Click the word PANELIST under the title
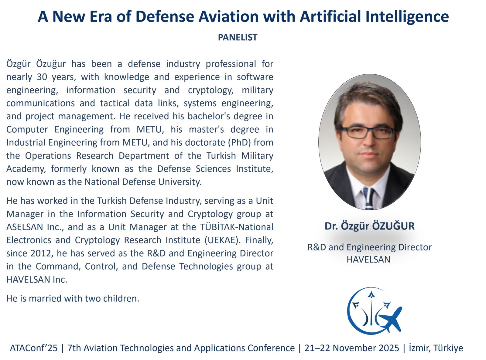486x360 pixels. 238,37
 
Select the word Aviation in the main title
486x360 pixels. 228,16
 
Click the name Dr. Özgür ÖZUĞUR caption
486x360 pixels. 369,226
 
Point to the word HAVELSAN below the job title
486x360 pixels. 368,260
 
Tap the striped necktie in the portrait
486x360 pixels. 369,199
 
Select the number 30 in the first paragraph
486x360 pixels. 42,77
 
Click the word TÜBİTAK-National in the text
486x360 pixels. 236,227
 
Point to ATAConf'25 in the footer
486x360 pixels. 34,348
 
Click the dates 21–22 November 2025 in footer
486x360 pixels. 352,348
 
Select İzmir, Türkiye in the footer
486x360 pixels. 436,348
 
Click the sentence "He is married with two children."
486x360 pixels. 73,298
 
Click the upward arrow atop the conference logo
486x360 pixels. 371,295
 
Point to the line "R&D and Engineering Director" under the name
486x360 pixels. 369,247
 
